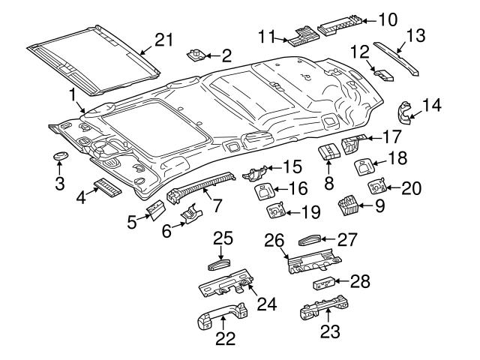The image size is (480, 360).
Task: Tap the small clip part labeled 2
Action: click(x=197, y=55)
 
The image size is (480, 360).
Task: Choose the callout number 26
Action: click(x=275, y=240)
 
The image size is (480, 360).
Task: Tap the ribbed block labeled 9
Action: click(x=348, y=202)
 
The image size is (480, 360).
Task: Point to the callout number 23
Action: click(x=328, y=331)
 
